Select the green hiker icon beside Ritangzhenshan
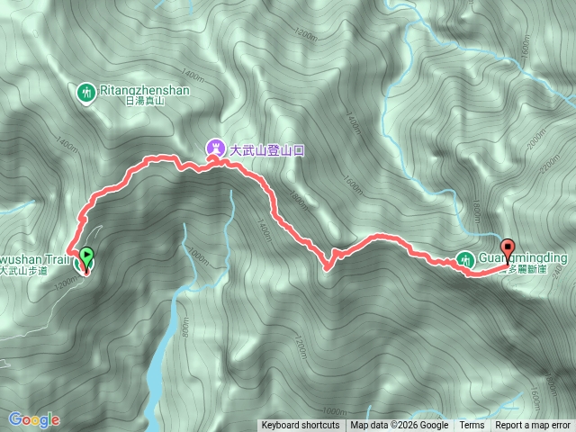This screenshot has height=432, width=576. pyautogui.click(x=86, y=92)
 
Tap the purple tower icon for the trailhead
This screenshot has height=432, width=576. pyautogui.click(x=214, y=147)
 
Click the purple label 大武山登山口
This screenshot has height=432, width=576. pyautogui.click(x=267, y=149)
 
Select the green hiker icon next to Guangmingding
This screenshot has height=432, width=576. pyautogui.click(x=463, y=260)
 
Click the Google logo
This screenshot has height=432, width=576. pyautogui.click(x=33, y=419)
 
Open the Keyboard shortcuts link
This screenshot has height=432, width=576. pyautogui.click(x=301, y=426)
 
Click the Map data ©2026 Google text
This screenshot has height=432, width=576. pyautogui.click(x=400, y=426)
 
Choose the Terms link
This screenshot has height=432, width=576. pyautogui.click(x=472, y=426)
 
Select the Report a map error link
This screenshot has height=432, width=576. pyautogui.click(x=533, y=426)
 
